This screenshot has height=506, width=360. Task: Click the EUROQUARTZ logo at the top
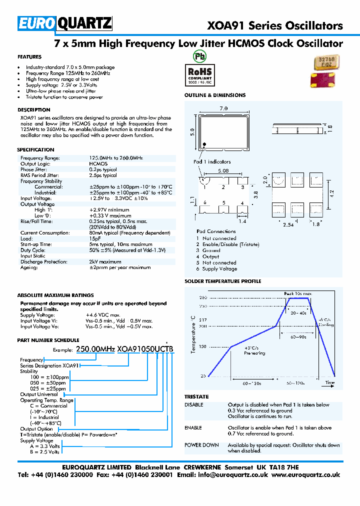point(65,23)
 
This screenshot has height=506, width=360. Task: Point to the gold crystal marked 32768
point(324,62)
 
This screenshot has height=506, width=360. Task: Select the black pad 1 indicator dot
point(204,145)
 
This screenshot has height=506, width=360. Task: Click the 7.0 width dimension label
point(223,108)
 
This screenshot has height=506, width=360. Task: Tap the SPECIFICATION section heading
point(35,149)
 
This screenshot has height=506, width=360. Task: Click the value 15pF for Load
point(95,238)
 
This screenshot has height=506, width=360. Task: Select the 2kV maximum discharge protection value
point(105,261)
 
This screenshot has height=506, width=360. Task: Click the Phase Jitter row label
point(34,169)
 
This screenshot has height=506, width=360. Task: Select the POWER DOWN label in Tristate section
point(201,445)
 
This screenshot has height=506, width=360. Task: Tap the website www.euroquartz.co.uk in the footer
point(306,474)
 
